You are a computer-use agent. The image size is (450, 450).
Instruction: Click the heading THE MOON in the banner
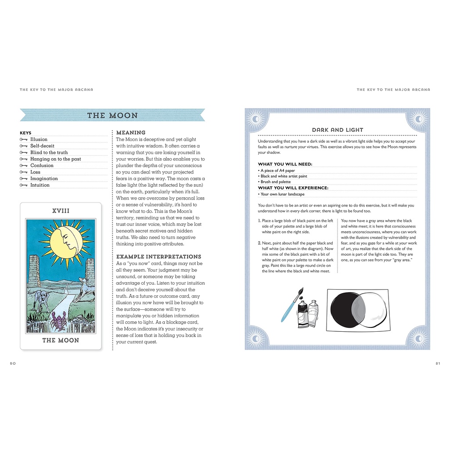(x=112, y=116)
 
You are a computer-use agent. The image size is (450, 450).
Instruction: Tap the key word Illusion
(x=39, y=139)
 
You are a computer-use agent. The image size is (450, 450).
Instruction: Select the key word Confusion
(x=42, y=166)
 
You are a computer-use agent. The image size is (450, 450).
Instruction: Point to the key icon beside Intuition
(x=23, y=185)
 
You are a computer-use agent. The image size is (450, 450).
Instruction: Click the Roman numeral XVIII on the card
(x=61, y=211)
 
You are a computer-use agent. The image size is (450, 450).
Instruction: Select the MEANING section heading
(x=131, y=132)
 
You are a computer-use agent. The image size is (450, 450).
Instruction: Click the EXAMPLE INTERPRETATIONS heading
(x=159, y=257)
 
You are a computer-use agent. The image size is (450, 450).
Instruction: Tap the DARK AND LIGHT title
(x=337, y=130)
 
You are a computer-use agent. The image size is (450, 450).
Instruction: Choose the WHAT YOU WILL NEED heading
(x=285, y=164)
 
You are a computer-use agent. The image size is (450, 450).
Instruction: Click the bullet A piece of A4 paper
(x=278, y=171)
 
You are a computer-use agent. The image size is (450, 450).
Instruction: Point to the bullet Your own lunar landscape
(x=282, y=194)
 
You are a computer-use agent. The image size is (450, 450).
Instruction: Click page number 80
(x=12, y=363)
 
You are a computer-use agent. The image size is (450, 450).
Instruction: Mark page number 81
(x=438, y=363)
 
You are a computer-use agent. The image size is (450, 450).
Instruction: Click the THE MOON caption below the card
(x=61, y=340)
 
